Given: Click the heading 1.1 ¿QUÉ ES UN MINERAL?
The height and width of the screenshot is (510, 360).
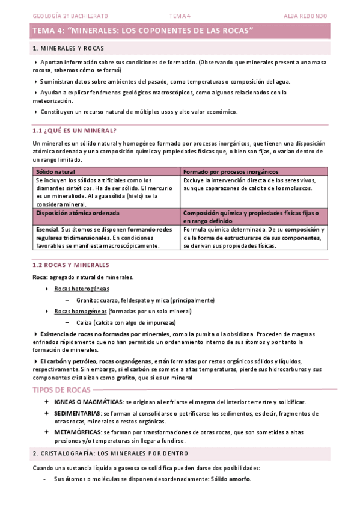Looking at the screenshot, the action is coord(74,131).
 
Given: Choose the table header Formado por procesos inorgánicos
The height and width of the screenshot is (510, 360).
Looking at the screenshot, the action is coord(227,171).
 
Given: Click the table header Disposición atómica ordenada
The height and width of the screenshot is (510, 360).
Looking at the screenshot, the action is coord(78,213).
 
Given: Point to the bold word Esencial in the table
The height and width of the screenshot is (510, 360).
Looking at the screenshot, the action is coord(47,230).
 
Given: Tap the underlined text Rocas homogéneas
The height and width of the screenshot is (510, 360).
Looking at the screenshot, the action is coord(81,311).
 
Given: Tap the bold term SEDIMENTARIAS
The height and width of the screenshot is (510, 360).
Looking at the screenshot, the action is coord(78,414).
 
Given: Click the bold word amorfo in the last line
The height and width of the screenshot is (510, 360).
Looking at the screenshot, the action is coord(240,479).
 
